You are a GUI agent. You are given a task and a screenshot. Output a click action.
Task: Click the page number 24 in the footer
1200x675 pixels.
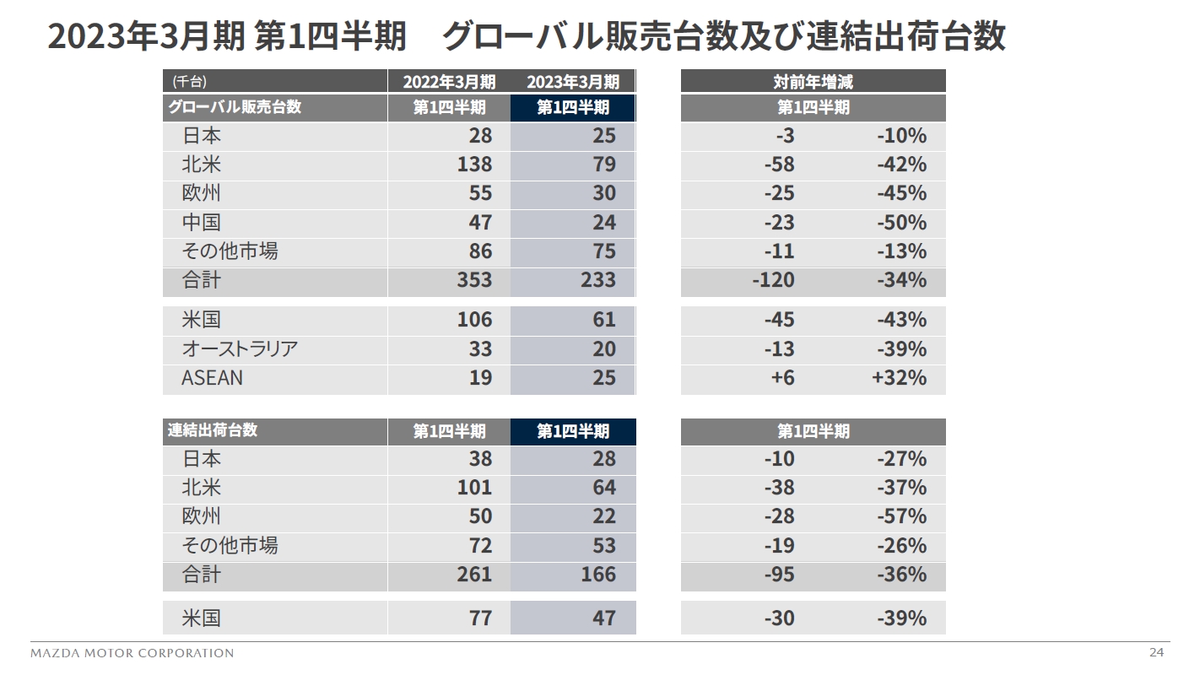[1155, 652]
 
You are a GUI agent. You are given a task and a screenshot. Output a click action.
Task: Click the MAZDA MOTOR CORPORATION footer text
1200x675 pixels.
[132, 653]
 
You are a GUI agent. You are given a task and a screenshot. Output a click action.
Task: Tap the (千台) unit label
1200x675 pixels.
[189, 82]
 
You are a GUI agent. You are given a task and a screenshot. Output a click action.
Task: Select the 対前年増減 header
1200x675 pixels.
[813, 82]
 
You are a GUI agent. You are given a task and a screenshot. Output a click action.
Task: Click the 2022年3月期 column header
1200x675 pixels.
[449, 82]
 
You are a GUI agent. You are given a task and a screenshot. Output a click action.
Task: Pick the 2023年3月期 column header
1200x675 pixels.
[573, 82]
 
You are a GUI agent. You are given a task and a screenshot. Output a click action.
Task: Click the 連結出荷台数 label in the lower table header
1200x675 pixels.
[213, 430]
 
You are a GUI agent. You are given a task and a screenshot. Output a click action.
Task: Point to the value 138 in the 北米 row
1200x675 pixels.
[474, 165]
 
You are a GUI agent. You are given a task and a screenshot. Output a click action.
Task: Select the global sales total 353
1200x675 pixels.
[474, 280]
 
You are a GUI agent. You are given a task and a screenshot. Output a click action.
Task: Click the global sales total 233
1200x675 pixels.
[598, 280]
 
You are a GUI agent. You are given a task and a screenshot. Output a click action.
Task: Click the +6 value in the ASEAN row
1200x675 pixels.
[782, 378]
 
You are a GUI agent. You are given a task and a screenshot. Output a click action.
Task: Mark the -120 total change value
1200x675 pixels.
[773, 280]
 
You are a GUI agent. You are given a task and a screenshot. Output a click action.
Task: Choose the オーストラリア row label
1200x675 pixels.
[240, 349]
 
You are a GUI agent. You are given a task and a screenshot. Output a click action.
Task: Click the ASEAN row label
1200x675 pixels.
[212, 378]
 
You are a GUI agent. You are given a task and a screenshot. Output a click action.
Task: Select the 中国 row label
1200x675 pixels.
[201, 223]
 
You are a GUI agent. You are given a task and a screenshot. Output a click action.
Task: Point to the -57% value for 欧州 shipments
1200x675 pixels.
[901, 516]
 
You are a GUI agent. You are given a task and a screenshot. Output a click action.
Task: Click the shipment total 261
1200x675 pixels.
[474, 575]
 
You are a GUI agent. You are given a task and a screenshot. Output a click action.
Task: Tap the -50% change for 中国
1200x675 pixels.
[901, 223]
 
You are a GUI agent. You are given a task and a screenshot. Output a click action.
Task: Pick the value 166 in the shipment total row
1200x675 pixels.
[598, 575]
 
